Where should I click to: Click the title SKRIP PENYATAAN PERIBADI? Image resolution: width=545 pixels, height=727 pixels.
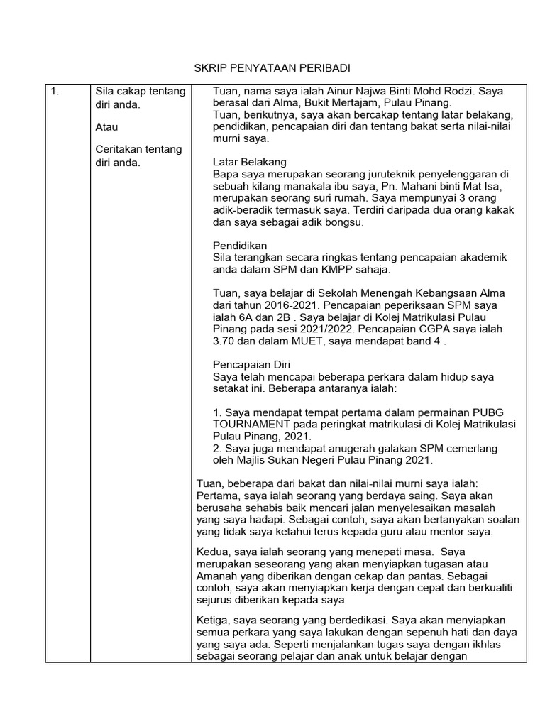[x=273, y=69]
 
